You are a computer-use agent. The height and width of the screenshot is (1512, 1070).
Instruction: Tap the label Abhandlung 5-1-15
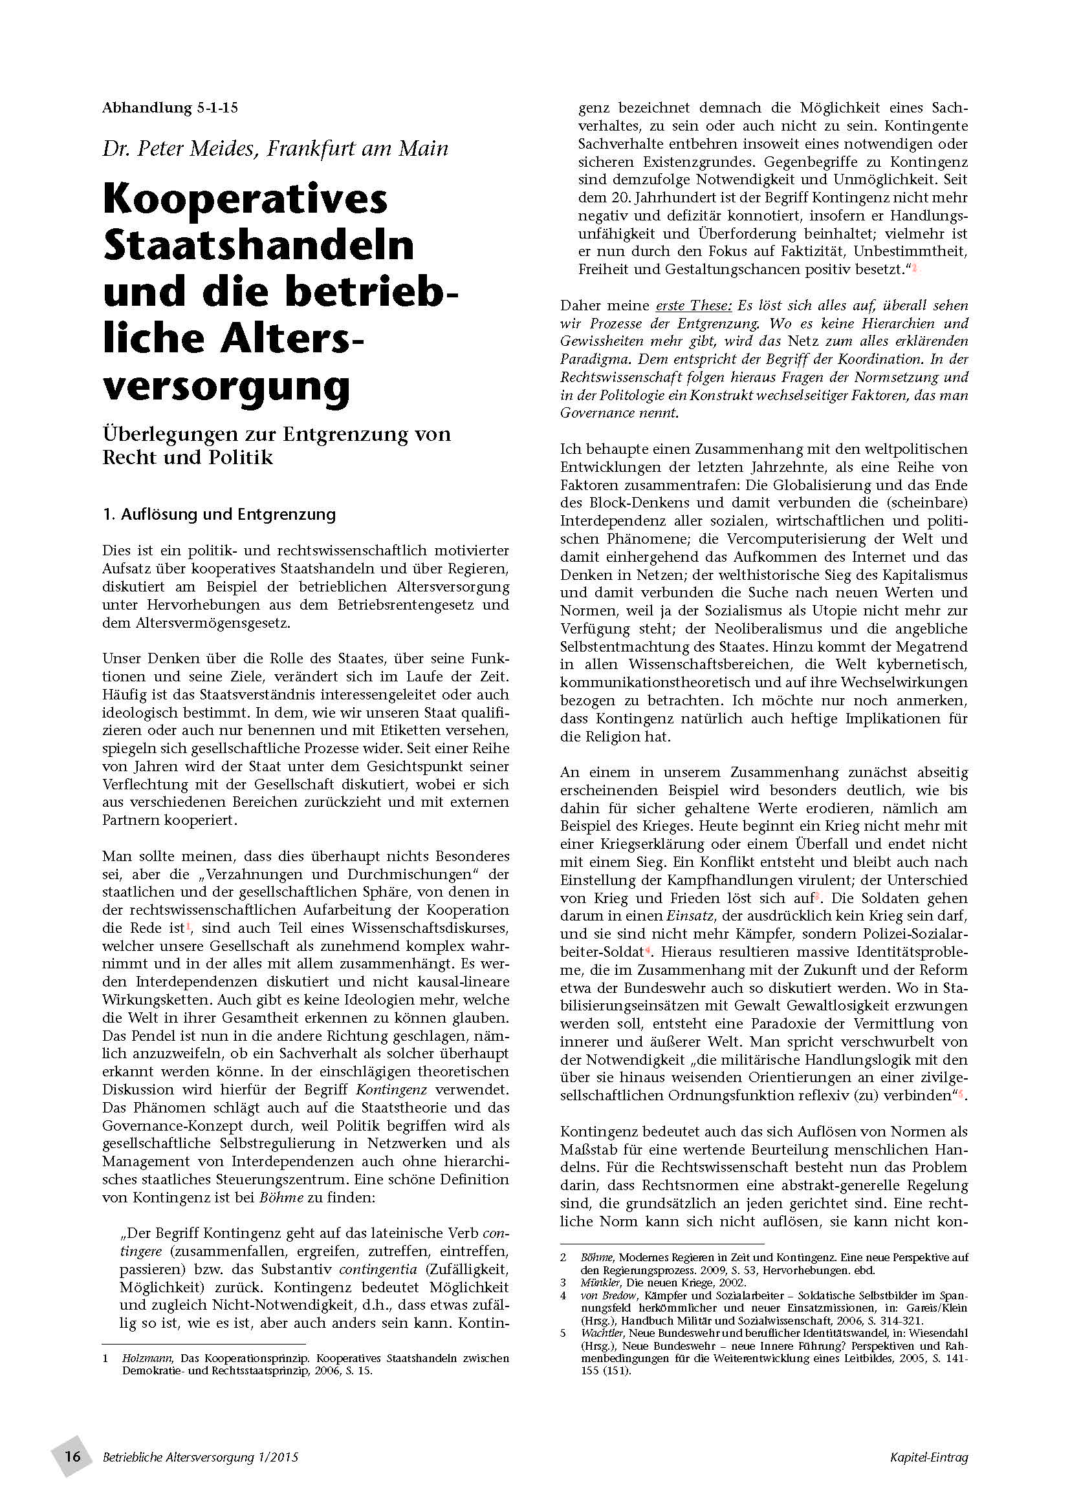coord(169,108)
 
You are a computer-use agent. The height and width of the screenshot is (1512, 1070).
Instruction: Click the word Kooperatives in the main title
coord(245,199)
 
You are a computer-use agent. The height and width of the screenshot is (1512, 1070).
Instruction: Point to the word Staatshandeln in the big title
coord(258,245)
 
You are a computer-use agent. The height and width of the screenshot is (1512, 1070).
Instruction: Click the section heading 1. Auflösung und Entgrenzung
coord(219,515)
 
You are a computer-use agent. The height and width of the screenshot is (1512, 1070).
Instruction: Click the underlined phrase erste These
coord(693,306)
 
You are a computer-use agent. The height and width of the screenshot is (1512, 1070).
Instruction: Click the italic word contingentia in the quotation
coord(378,1269)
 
